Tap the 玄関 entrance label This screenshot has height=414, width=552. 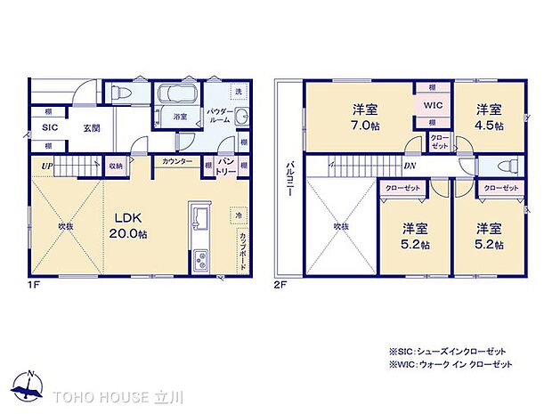pos(92,128)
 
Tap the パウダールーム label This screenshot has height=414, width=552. pos(221,118)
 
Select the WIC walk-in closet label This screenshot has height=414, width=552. pos(433,105)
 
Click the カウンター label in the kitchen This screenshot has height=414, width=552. pos(176,162)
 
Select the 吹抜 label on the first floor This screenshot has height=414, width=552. pos(65,226)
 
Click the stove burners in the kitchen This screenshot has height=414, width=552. pos(199,259)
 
